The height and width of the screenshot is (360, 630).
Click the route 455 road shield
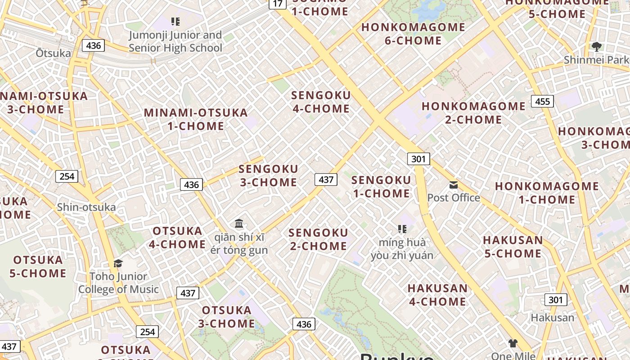point(542,101)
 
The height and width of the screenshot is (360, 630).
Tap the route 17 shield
point(278,4)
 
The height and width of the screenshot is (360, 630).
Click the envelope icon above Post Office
point(454,185)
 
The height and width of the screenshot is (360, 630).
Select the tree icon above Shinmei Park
point(597,46)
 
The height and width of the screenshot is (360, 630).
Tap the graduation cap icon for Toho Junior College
point(118,263)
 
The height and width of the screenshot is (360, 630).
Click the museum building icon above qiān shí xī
point(239,223)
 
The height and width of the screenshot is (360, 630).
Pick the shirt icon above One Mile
point(513,343)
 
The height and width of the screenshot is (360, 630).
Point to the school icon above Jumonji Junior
point(175,22)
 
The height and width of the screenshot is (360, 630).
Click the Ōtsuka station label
point(53,53)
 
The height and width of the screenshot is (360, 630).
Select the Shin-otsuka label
point(86,207)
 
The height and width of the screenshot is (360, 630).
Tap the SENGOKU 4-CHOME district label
point(321,102)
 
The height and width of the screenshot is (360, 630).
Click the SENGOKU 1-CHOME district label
point(381,187)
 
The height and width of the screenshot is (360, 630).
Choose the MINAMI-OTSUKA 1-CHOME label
point(196,119)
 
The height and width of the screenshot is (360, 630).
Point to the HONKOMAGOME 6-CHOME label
point(413,34)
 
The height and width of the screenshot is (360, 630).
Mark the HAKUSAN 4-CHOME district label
point(437,295)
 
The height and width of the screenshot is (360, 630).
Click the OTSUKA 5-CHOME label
point(38,266)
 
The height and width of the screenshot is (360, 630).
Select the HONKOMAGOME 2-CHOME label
point(473,113)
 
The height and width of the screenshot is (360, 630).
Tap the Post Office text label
point(454,198)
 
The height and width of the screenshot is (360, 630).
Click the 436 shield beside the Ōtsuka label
point(93,45)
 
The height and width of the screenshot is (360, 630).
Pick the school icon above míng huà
point(402,229)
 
